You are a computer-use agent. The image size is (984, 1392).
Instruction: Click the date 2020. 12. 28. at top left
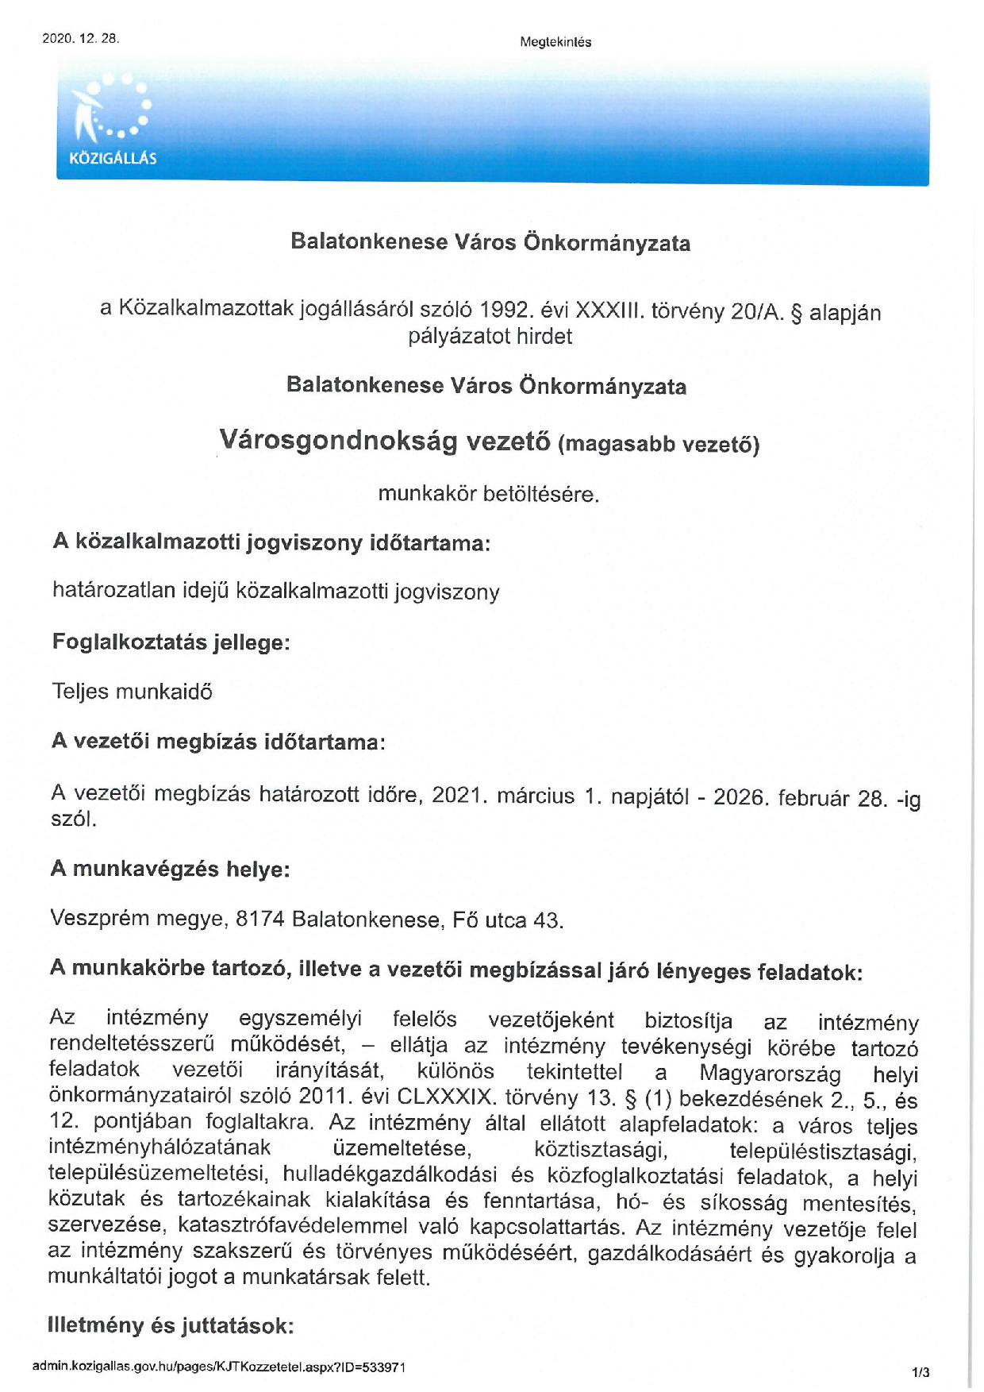[x=80, y=38]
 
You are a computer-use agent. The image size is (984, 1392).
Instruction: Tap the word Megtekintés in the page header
[x=555, y=42]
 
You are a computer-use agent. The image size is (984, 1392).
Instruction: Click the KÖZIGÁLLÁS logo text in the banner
[x=113, y=158]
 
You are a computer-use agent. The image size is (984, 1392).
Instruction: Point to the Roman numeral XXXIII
[x=609, y=310]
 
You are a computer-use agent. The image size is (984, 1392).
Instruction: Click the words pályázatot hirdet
[x=490, y=337]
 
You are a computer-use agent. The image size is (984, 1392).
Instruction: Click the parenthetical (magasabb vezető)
[x=659, y=444]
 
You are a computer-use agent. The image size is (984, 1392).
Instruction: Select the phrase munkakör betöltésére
[x=488, y=494]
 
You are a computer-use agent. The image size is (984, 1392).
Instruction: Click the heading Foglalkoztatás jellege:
[x=171, y=642]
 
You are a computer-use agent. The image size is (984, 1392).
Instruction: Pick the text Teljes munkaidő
[x=132, y=692]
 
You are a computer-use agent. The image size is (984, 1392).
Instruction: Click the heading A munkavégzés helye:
[x=170, y=869]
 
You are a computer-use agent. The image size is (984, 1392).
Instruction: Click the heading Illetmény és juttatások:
[x=171, y=1325]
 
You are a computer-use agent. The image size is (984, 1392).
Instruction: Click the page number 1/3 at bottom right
[x=921, y=1371]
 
